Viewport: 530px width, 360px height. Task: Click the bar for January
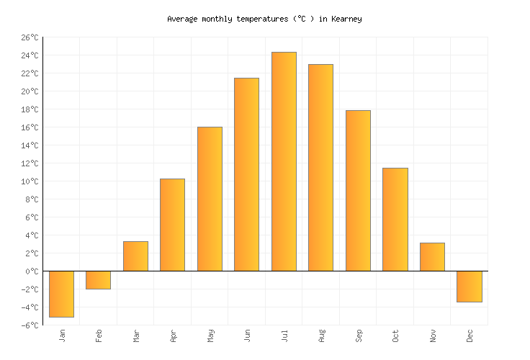[61, 294]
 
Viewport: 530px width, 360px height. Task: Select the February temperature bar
[98, 280]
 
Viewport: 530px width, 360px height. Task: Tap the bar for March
[135, 256]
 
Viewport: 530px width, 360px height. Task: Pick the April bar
[172, 225]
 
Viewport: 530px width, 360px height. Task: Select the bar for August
[320, 168]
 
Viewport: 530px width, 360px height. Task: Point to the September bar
[358, 191]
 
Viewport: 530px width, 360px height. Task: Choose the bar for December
[469, 287]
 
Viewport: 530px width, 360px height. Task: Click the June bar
[246, 174]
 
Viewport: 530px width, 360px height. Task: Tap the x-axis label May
[210, 336]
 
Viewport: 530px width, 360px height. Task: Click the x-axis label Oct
[395, 336]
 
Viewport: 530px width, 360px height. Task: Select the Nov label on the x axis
[433, 336]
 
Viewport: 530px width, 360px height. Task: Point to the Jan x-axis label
[62, 336]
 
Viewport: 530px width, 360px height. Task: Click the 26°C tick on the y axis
[30, 37]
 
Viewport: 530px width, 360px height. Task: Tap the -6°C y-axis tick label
[30, 325]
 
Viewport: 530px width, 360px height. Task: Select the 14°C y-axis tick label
[30, 145]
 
